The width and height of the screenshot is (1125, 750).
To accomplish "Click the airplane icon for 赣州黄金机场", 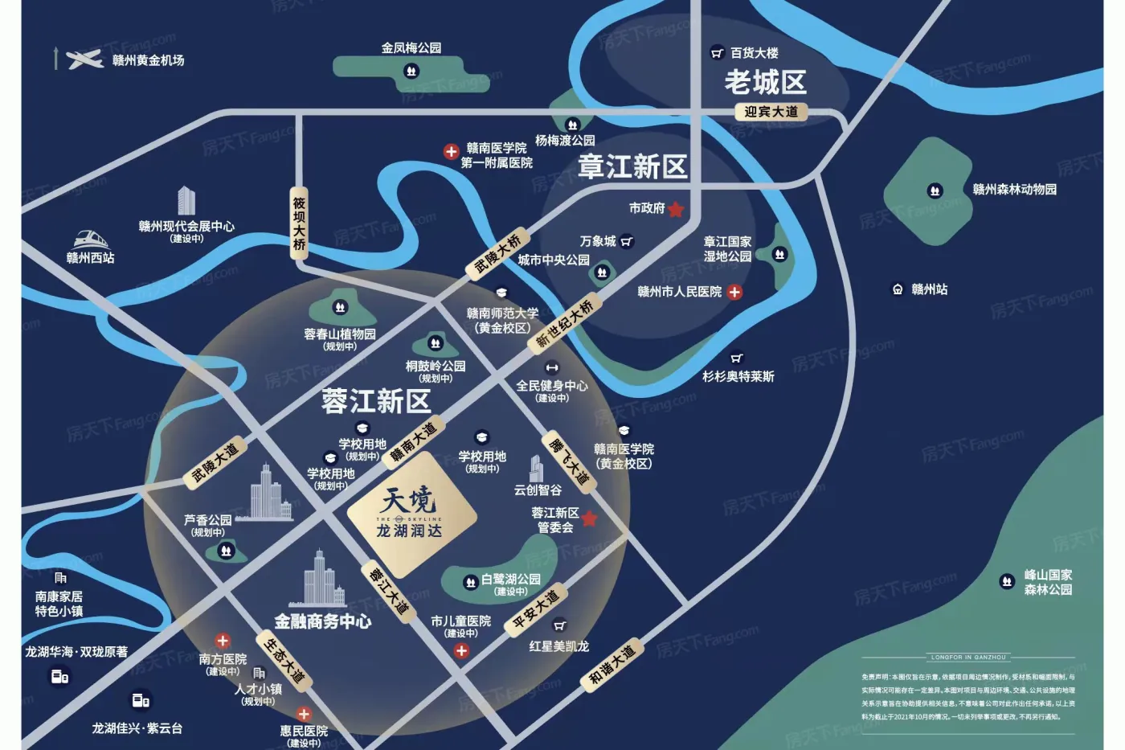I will (84, 59).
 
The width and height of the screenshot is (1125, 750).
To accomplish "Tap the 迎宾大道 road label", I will (771, 112).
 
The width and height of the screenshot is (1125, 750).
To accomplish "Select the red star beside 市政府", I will (676, 209).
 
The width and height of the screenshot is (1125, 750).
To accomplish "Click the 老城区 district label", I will (765, 82).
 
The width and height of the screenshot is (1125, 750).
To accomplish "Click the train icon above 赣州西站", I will (91, 239).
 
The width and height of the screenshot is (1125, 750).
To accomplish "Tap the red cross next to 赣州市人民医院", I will (734, 292).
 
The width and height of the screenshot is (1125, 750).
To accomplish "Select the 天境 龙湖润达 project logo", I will (410, 513).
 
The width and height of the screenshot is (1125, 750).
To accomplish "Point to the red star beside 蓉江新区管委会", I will (589, 518).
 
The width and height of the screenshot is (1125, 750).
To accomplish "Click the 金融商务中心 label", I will (322, 621).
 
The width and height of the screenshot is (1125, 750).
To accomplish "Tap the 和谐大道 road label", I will (612, 664).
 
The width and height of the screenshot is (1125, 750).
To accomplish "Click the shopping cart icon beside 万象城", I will (627, 241).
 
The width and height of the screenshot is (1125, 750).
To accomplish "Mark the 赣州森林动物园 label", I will (1014, 190).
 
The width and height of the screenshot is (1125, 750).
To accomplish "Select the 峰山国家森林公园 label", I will (1048, 582).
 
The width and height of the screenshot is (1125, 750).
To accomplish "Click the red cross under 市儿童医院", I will (461, 651).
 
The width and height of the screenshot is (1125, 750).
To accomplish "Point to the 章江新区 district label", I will (632, 166).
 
